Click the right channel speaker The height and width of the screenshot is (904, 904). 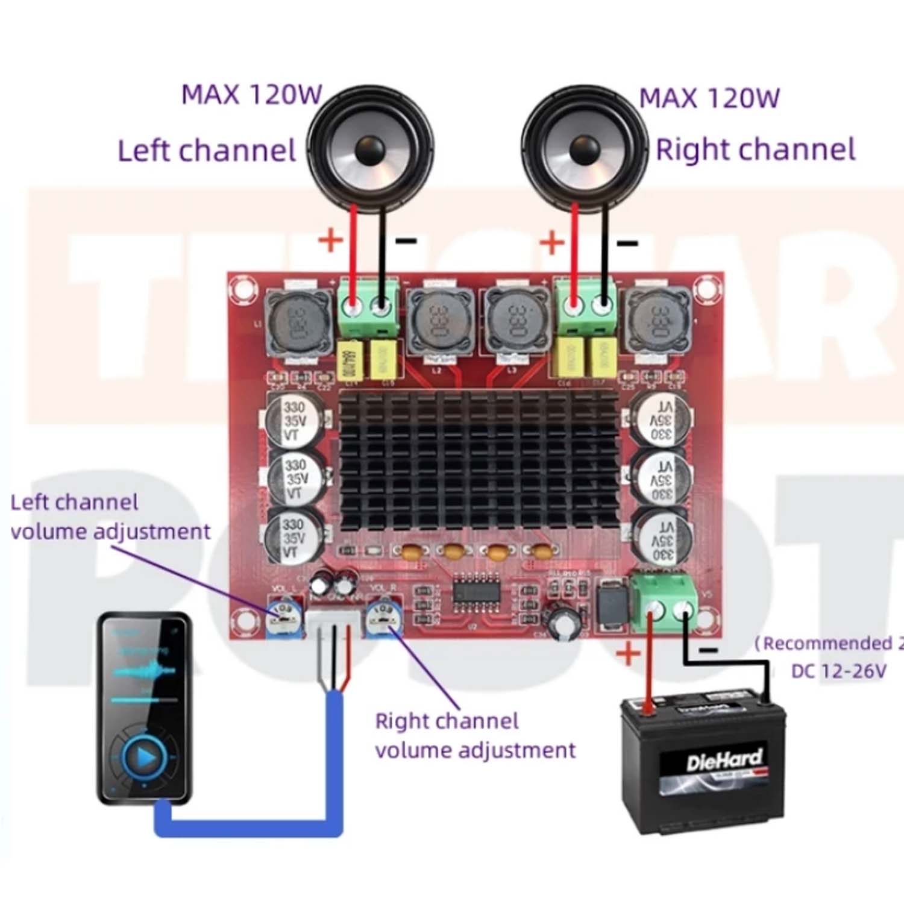[x=583, y=148]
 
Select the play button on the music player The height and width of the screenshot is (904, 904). [x=145, y=756]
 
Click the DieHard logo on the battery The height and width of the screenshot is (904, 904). [x=724, y=761]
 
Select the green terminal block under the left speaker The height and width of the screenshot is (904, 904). [x=368, y=306]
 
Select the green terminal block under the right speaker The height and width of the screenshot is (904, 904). [x=585, y=306]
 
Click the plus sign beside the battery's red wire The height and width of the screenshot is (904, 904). [x=628, y=653]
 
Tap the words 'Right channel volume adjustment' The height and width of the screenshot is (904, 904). [x=475, y=736]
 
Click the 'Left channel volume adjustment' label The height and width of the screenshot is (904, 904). [x=110, y=517]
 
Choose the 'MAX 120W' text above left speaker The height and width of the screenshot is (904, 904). [x=252, y=95]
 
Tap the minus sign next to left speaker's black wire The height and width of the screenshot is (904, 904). [x=406, y=242]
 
